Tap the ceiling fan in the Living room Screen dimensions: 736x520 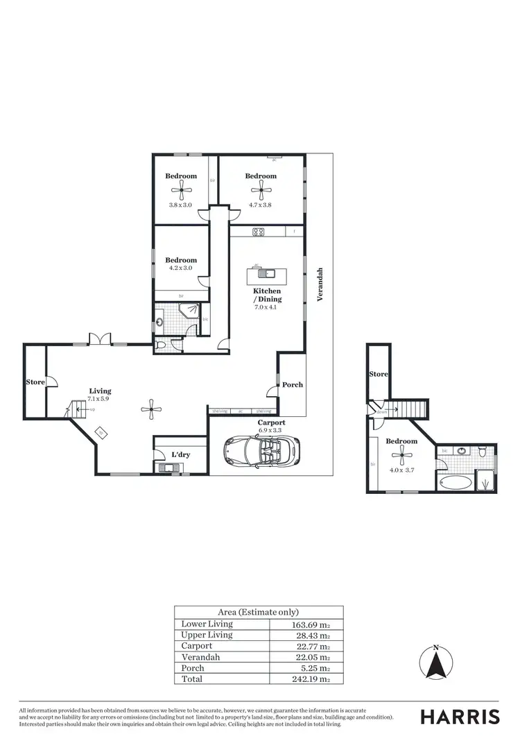[x=150, y=410]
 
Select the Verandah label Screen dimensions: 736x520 [x=320, y=285]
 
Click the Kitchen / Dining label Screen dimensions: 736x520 [x=267, y=296]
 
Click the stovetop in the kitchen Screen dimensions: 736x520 [x=259, y=232]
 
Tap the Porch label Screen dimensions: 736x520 [x=292, y=385]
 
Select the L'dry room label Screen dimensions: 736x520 [x=180, y=455]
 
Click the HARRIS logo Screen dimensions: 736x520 [x=459, y=717]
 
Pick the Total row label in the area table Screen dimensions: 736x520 [x=192, y=679]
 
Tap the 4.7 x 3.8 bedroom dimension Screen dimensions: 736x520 [x=261, y=205]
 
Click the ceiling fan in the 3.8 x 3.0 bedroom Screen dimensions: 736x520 [x=181, y=188]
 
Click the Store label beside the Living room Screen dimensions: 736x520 [x=35, y=382]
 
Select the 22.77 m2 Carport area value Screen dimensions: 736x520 [x=306, y=646]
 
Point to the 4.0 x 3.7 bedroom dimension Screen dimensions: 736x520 [x=401, y=470]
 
